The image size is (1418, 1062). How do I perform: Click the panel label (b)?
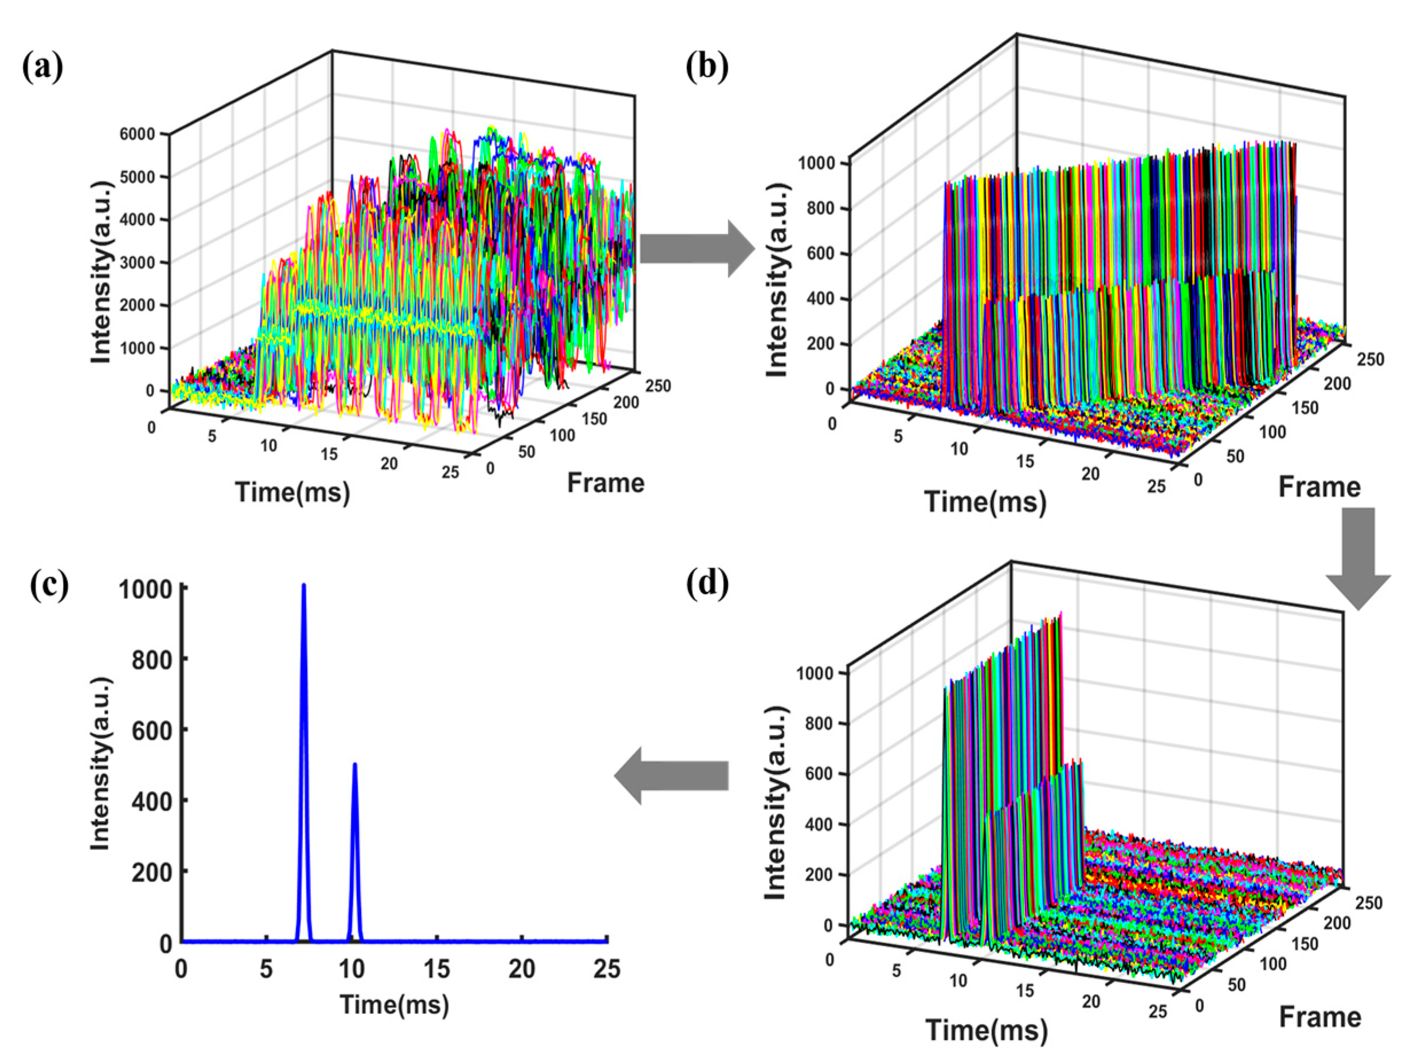[707, 66]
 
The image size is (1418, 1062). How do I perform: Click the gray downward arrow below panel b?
[1358, 557]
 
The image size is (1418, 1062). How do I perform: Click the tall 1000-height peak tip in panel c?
[304, 586]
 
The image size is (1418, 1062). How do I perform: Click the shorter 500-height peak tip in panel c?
[355, 765]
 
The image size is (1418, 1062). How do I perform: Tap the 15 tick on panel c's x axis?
[437, 969]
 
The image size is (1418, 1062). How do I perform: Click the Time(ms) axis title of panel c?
[394, 1004]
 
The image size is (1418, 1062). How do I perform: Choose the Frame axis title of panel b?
[1319, 487]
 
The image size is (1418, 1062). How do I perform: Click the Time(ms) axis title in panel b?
[985, 501]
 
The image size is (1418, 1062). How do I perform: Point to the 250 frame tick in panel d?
[1368, 903]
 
